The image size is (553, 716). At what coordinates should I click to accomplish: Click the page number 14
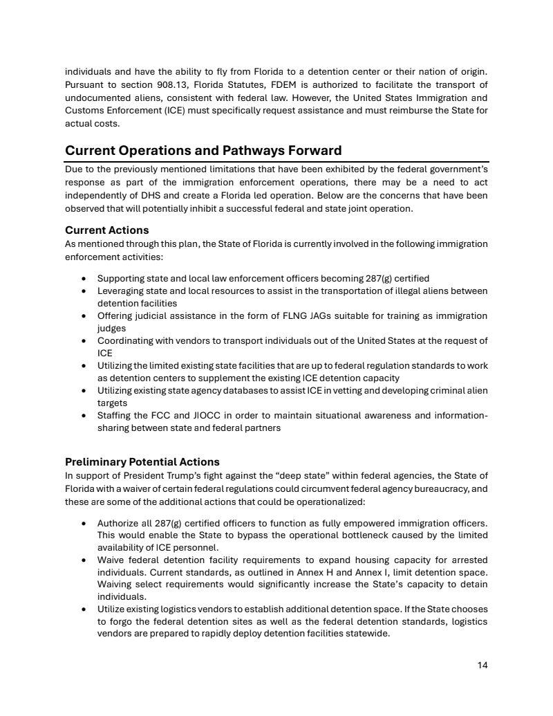coord(482,665)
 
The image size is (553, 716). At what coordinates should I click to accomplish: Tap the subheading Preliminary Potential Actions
coord(142,461)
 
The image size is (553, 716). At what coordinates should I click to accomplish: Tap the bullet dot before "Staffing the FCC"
coord(84,415)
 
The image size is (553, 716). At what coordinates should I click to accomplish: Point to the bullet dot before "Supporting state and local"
coord(84,278)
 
